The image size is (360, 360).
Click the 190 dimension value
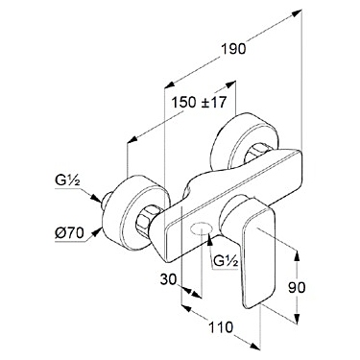point(233,49)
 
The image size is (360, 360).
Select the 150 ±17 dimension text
point(199,103)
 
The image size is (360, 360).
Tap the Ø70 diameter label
point(70,233)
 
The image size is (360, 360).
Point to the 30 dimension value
point(168,279)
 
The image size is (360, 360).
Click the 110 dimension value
point(221,327)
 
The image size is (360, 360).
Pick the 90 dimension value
point(297,288)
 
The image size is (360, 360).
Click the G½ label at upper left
point(67,181)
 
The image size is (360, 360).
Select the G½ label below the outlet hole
point(226,262)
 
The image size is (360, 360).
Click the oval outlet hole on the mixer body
point(201,228)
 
